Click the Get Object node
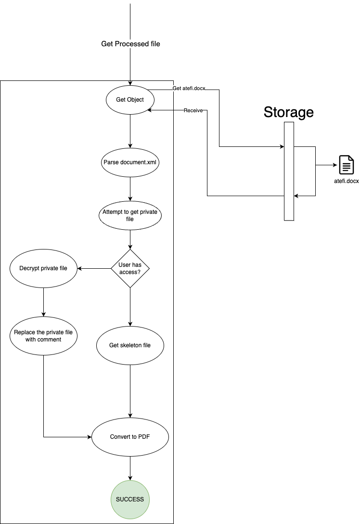pyautogui.click(x=130, y=100)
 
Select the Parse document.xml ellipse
pyautogui.click(x=130, y=163)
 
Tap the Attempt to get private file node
pyautogui.click(x=130, y=215)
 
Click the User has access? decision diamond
pyautogui.click(x=130, y=268)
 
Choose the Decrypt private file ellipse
pyautogui.click(x=43, y=268)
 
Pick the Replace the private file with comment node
pyautogui.click(x=43, y=336)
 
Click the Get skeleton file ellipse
pyautogui.click(x=130, y=345)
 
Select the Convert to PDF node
pyautogui.click(x=130, y=437)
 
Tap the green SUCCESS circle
pyautogui.click(x=130, y=499)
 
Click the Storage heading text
pyautogui.click(x=288, y=112)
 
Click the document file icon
pyautogui.click(x=347, y=165)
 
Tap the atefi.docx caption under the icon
pyautogui.click(x=347, y=182)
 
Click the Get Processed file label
pyautogui.click(x=130, y=44)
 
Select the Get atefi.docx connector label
pyautogui.click(x=189, y=89)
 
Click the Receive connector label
pyautogui.click(x=193, y=111)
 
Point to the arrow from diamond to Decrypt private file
pyautogui.click(x=94, y=268)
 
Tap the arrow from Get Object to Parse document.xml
pyautogui.click(x=130, y=131)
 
